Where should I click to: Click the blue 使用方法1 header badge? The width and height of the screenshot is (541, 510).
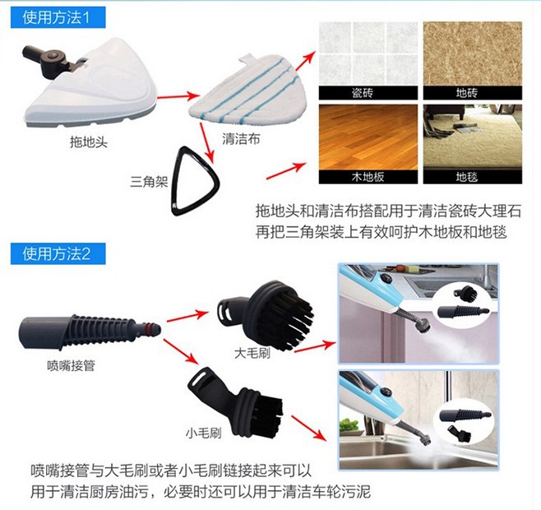(58, 17)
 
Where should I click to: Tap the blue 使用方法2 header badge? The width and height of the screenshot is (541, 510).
(58, 254)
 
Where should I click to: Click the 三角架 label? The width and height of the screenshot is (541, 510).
(149, 181)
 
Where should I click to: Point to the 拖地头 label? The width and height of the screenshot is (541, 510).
(89, 141)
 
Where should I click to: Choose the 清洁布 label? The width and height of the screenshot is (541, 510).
(241, 139)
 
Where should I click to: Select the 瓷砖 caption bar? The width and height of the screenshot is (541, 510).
(368, 93)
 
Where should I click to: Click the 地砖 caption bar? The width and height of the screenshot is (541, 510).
(472, 93)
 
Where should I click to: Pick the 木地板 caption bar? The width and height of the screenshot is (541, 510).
(368, 177)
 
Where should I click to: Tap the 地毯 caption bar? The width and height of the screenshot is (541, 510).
(472, 177)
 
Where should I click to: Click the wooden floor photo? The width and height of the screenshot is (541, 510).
(368, 137)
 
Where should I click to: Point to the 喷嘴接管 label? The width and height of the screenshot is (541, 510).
(71, 365)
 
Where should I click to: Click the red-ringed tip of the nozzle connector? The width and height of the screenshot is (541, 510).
(151, 328)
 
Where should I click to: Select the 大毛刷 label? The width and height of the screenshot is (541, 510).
(252, 353)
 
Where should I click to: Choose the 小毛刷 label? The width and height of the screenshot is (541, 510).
(204, 433)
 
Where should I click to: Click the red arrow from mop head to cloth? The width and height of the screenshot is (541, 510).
(178, 96)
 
